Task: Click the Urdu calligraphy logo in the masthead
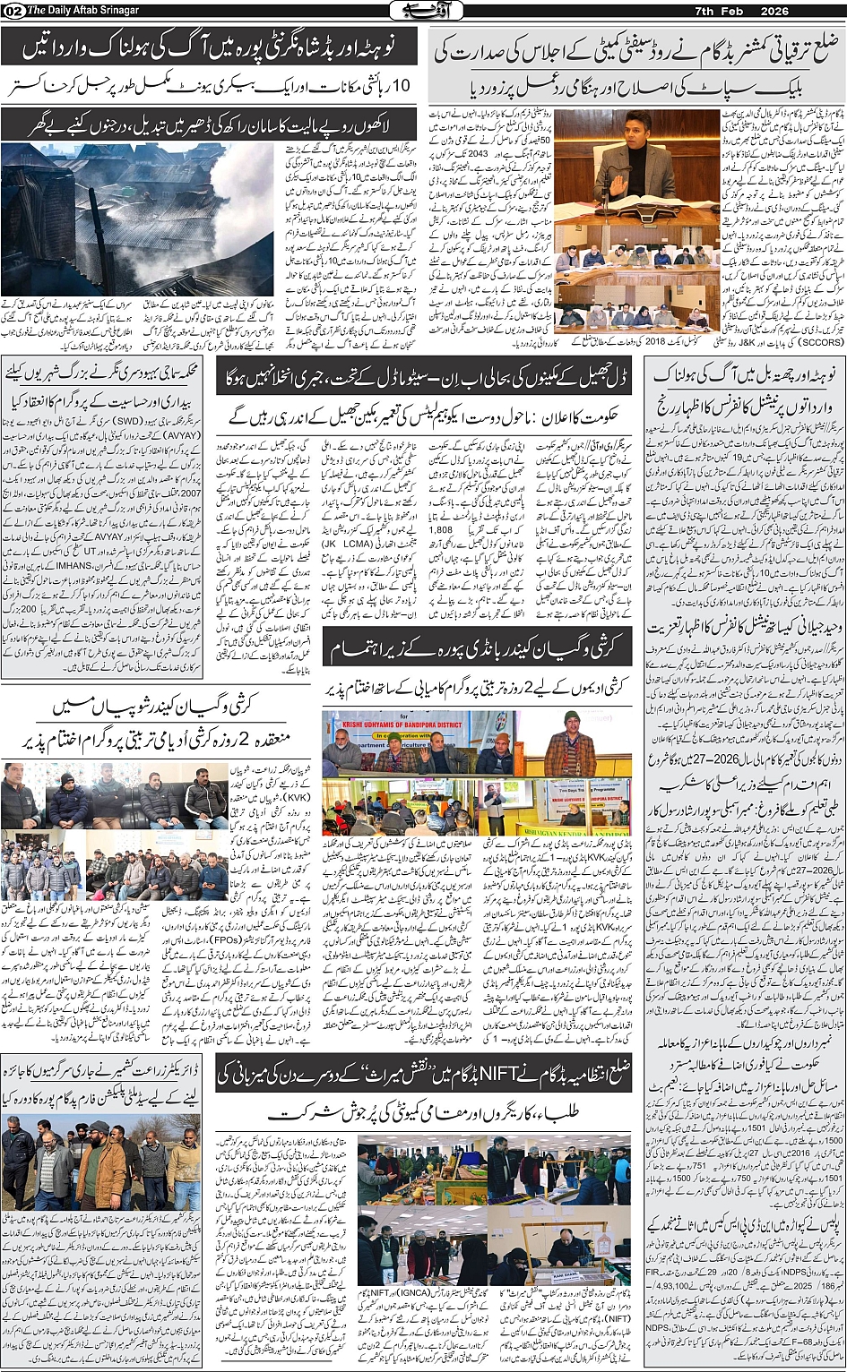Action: pyautogui.click(x=423, y=10)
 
